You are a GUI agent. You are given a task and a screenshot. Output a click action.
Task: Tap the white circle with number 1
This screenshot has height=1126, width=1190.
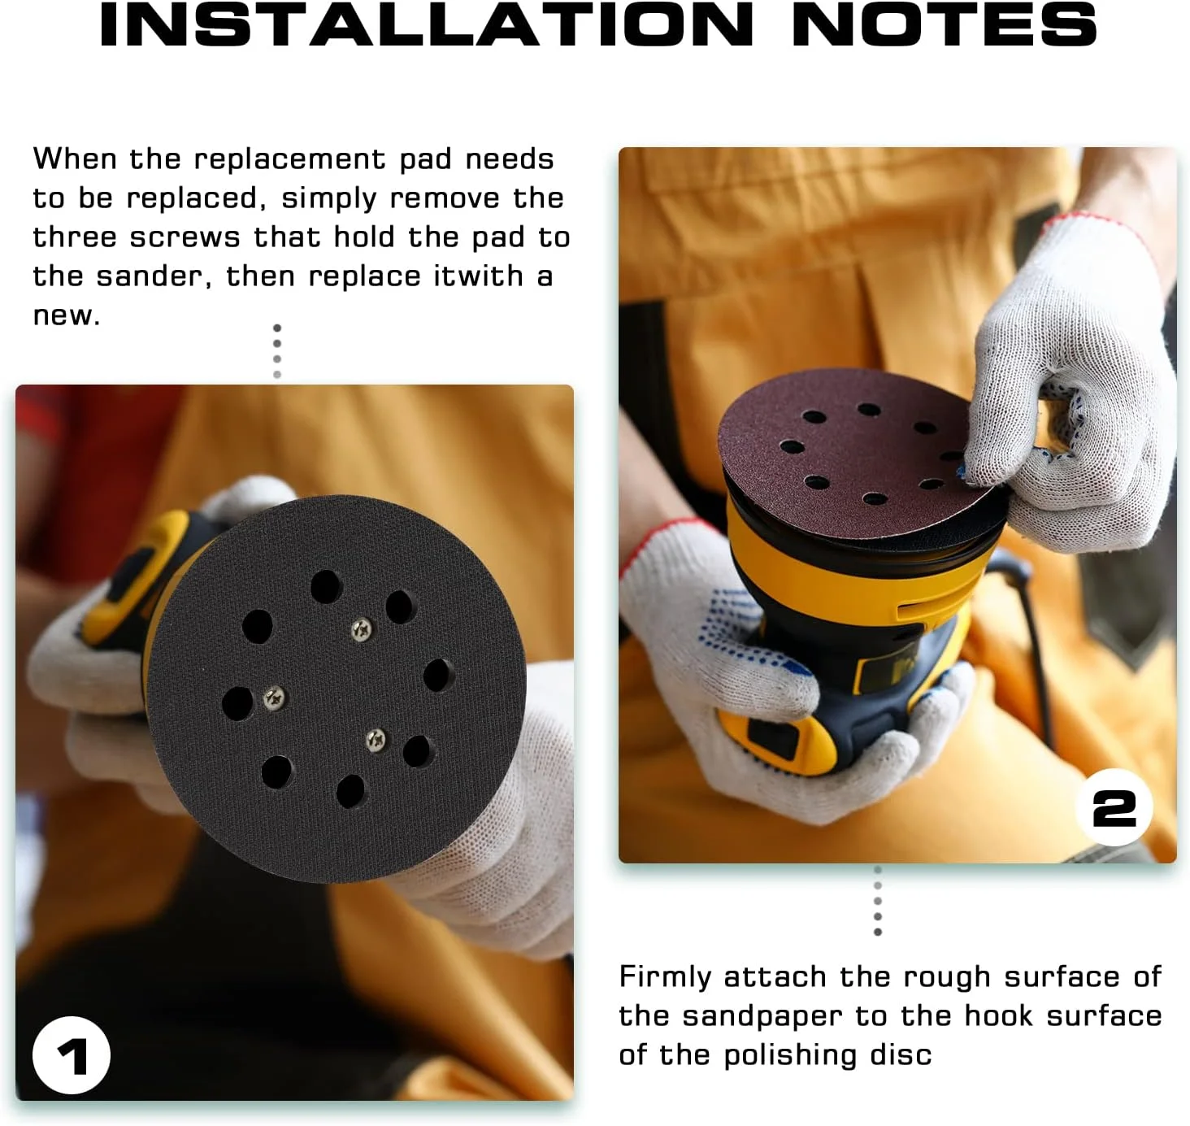(71, 1054)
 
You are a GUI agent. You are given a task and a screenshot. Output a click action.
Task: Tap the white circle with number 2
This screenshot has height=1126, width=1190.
(1114, 807)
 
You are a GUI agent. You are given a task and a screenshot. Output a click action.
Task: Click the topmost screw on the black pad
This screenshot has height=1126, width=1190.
(362, 628)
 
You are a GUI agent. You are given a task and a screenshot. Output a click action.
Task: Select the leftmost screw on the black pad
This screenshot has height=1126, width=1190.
(275, 696)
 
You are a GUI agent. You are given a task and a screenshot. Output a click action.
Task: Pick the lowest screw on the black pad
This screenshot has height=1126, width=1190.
(376, 739)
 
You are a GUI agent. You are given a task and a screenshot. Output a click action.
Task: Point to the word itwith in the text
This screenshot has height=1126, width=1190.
(478, 276)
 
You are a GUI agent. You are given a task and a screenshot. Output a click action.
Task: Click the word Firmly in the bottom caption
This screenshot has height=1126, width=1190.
(665, 977)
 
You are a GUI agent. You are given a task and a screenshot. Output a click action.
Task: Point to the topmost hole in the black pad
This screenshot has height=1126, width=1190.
(326, 586)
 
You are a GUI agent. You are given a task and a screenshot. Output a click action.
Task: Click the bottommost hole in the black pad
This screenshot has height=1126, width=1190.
(351, 791)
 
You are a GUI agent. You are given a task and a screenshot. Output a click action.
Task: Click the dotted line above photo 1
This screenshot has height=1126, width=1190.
(277, 351)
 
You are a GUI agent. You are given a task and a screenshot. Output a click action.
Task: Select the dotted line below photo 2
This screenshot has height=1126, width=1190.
(877, 901)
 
